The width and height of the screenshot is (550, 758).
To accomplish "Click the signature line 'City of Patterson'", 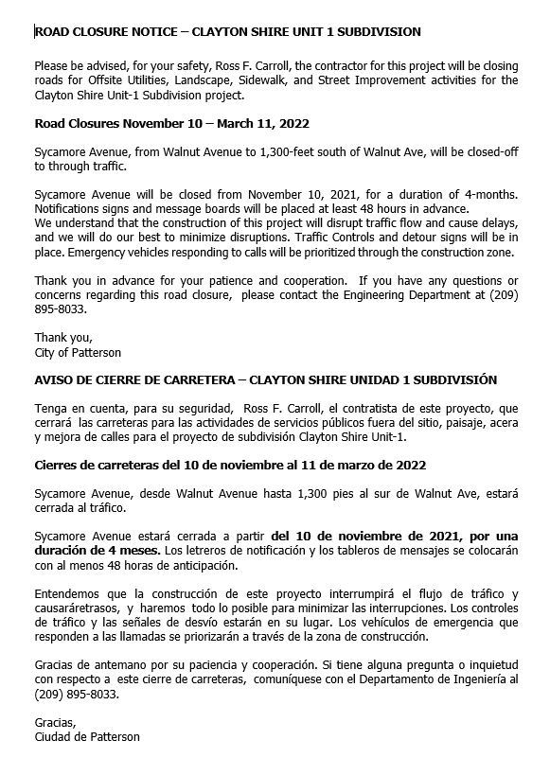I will [78, 353].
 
